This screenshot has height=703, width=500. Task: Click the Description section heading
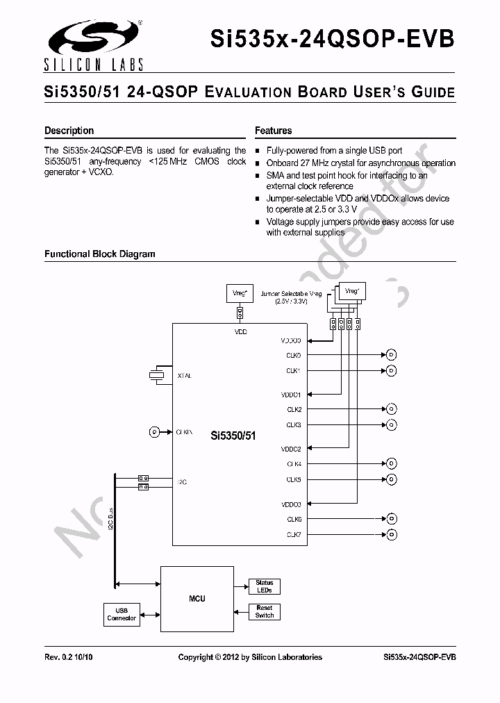click(x=69, y=131)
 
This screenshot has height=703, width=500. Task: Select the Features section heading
click(x=273, y=131)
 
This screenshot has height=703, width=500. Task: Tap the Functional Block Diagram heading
click(x=99, y=254)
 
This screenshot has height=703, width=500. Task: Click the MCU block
click(x=197, y=598)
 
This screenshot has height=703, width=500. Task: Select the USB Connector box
click(x=122, y=614)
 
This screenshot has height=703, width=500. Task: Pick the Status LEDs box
click(x=264, y=586)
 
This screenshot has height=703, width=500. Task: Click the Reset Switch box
click(x=264, y=611)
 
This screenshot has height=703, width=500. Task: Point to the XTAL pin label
click(x=184, y=376)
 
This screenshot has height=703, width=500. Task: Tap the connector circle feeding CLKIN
click(x=153, y=432)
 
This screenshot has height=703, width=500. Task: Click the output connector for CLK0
click(x=391, y=355)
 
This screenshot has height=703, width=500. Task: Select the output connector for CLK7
click(x=392, y=534)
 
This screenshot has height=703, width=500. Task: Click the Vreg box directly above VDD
click(x=240, y=294)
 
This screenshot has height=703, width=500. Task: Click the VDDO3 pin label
click(x=291, y=504)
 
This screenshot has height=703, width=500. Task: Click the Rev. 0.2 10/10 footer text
click(x=68, y=657)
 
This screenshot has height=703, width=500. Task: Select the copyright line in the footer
click(x=250, y=657)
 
